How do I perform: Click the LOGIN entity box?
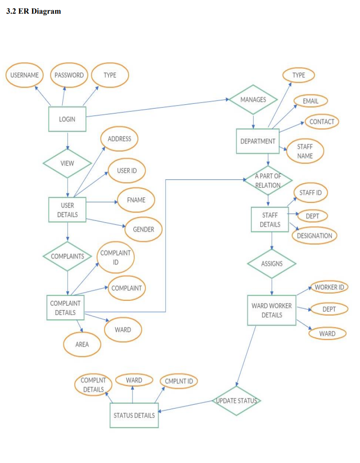67,119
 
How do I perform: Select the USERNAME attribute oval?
25,75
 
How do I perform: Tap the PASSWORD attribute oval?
69,75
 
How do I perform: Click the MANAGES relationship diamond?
253,100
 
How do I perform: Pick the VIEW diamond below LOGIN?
67,163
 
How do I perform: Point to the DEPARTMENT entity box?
258,141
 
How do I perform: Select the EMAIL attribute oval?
311,101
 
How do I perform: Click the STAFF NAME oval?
305,151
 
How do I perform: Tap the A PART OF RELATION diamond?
268,180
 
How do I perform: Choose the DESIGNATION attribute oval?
315,235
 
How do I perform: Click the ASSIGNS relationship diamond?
272,264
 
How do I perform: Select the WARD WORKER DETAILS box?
272,311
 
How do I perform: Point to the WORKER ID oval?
329,287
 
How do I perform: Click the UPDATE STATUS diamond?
236,401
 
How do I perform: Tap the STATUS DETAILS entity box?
134,415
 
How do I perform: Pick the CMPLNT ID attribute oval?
178,381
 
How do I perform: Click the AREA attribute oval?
82,345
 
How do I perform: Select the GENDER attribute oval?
144,229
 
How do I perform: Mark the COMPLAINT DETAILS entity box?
65,308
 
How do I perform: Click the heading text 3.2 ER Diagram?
34,11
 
